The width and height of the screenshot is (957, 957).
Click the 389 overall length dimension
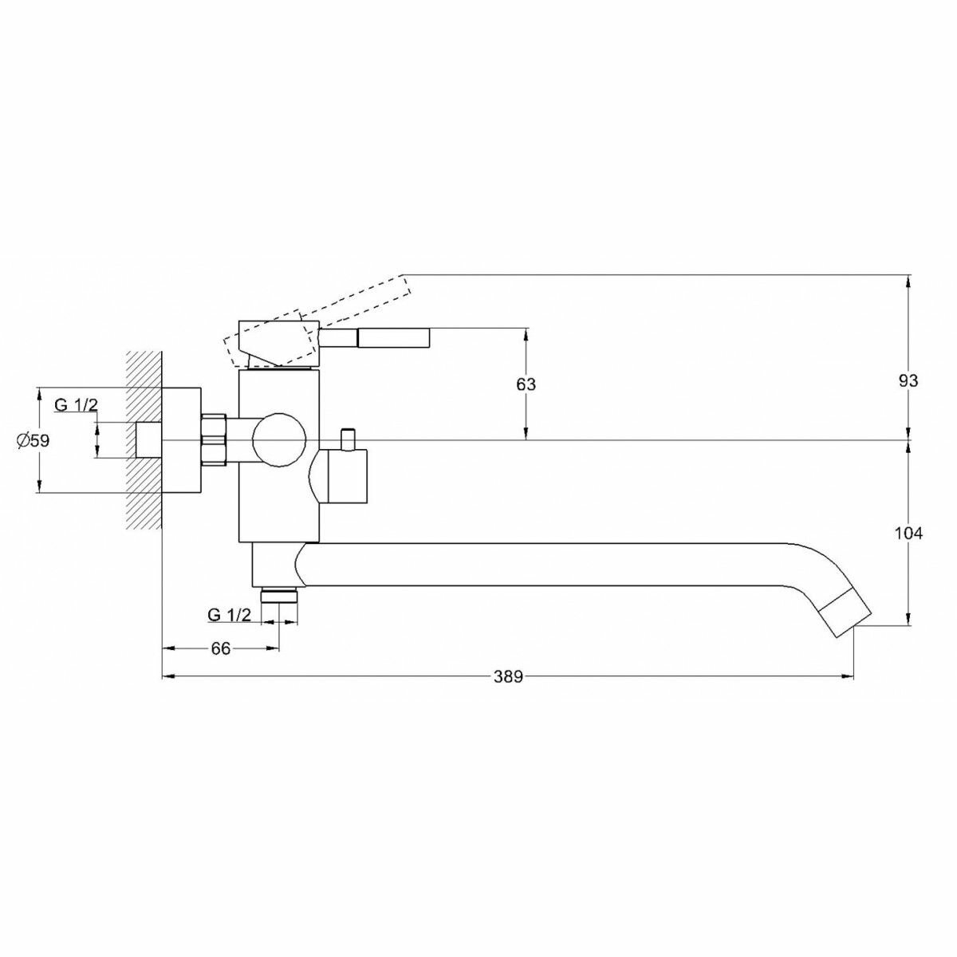[507, 677]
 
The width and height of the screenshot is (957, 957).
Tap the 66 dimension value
[220, 648]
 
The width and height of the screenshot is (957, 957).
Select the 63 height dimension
[526, 384]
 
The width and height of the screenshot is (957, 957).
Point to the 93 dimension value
[908, 380]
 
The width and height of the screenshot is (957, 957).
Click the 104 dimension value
[908, 533]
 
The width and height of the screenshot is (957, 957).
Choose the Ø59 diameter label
[33, 439]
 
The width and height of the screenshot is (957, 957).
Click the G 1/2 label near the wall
[76, 404]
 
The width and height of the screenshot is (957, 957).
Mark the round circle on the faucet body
[278, 439]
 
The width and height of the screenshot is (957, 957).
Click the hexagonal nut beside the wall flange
[215, 439]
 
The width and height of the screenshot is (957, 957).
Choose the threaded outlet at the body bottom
[278, 594]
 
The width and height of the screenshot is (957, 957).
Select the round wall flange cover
[182, 439]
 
